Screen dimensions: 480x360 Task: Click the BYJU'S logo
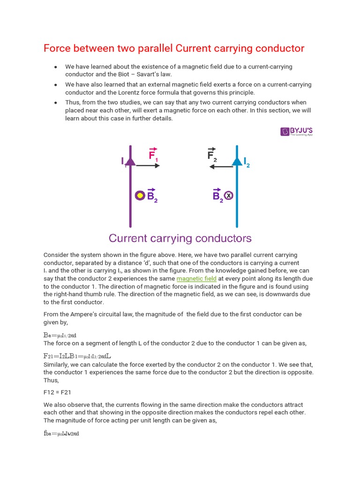(x=297, y=131)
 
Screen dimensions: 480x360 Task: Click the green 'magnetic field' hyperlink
(x=196, y=278)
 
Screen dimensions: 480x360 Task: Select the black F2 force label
(x=212, y=155)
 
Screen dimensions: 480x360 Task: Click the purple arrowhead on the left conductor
(x=130, y=161)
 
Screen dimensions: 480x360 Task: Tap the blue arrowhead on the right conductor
(x=237, y=161)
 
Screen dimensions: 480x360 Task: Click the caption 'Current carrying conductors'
(x=180, y=238)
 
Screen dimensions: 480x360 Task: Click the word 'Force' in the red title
(x=58, y=48)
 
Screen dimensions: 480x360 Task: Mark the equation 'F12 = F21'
(x=58, y=392)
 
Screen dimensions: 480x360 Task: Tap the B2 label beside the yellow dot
(x=152, y=196)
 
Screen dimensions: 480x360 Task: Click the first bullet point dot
(x=56, y=67)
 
